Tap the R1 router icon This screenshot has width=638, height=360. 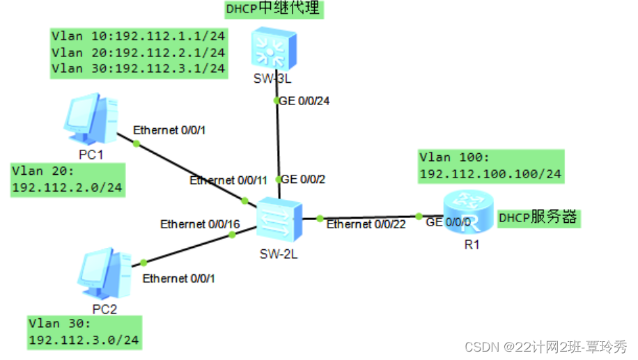coord(467,215)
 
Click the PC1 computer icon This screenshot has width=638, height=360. coord(91,119)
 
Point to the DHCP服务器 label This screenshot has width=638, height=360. coord(538,218)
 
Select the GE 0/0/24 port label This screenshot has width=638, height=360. coord(304,101)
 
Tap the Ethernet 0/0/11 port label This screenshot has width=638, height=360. coord(228,180)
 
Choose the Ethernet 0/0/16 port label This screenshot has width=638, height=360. coord(200,224)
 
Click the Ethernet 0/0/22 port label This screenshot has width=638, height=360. coord(366,224)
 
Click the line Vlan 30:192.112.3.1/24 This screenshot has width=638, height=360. coord(138,68)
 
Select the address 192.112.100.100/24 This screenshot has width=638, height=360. coord(490,174)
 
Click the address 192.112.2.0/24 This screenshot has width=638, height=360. coord(67,187)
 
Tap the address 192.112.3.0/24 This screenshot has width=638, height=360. coord(84,341)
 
